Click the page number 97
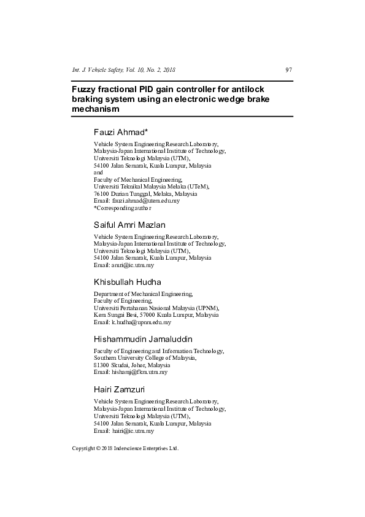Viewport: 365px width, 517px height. [x=289, y=70]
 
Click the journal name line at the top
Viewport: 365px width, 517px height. [x=124, y=70]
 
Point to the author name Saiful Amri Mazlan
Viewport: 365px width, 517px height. [x=129, y=225]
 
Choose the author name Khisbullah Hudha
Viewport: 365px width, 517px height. [x=128, y=282]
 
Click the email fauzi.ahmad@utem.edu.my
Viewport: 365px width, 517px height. [x=145, y=201]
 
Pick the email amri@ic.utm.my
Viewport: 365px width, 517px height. [x=133, y=265]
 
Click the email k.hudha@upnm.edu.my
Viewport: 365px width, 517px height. [x=141, y=322]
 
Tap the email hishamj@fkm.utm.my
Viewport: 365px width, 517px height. [x=139, y=372]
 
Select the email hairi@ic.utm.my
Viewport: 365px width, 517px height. [x=133, y=431]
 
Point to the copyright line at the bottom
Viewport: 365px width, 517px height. [x=125, y=448]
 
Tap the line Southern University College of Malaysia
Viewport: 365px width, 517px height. [x=145, y=357]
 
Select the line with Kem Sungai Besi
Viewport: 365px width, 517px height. [x=156, y=315]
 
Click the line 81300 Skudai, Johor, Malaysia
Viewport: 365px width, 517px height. [x=133, y=365]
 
